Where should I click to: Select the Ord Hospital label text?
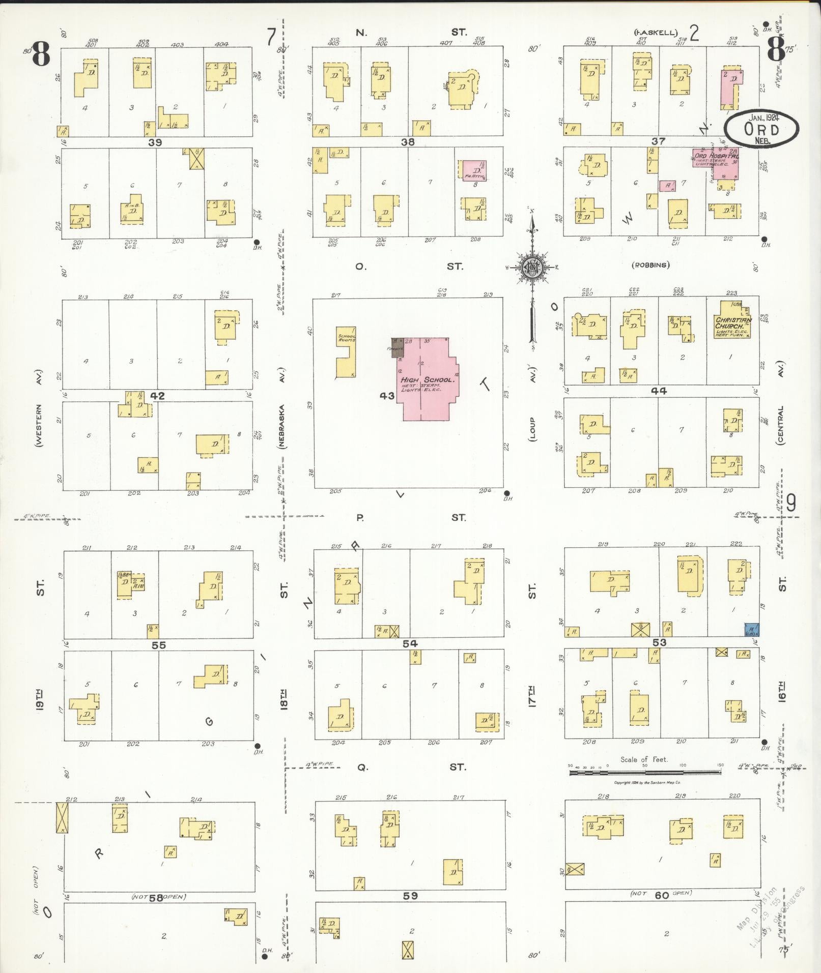[x=716, y=156]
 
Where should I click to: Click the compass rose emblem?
[x=532, y=268]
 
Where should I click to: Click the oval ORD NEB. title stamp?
[x=761, y=130]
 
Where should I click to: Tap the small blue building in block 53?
[x=752, y=630]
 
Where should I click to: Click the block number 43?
[x=387, y=395]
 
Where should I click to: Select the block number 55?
[x=158, y=645]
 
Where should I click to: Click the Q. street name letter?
[x=362, y=767]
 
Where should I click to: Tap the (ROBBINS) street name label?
[x=651, y=264]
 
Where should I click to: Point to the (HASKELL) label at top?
[x=656, y=33]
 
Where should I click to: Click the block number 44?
[x=658, y=391]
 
